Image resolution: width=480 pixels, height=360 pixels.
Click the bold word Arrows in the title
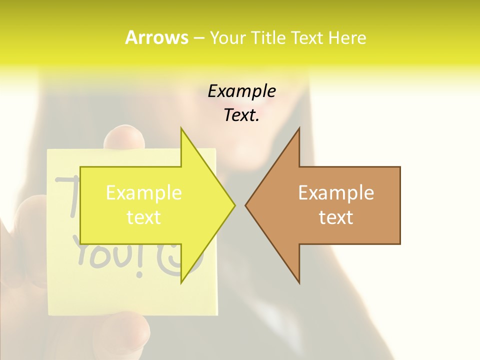[x=156, y=37]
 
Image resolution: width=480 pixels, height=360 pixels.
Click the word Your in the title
[x=227, y=38]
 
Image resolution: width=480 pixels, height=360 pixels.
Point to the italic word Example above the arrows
[x=241, y=91]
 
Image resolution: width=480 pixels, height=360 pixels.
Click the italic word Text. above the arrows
[x=241, y=115]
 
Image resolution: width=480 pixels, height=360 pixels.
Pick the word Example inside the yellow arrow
[x=144, y=193]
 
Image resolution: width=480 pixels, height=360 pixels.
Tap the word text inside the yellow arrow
[x=144, y=217]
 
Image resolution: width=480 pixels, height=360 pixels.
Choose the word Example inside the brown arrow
[x=336, y=193]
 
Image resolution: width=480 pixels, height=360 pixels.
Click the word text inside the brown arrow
[x=336, y=217]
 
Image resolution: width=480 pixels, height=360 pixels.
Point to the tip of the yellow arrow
[x=234, y=205]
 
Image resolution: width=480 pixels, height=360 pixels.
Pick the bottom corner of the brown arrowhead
[x=299, y=282]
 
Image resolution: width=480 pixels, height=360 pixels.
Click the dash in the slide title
[x=199, y=38]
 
